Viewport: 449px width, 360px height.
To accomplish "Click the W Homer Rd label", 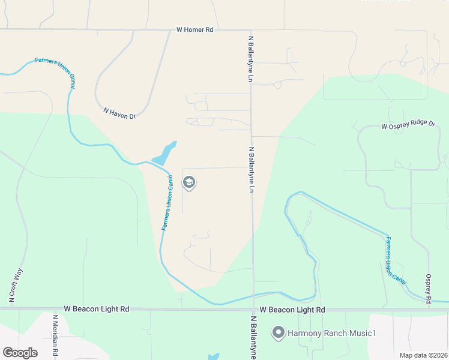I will point(194,29).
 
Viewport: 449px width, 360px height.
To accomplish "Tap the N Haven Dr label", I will point(119,113).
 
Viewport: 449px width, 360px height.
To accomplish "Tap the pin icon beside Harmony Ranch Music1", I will point(278,332).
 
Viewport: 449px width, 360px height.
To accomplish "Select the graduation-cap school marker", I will point(189,182).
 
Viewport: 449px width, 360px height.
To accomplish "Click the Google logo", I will point(20,352).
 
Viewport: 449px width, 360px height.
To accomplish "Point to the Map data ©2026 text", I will point(423,355).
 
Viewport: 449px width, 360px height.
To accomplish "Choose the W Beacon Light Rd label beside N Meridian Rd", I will point(97,308).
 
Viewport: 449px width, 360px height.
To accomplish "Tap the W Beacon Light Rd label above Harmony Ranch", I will point(292,310).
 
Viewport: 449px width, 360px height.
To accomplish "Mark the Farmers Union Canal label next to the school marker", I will point(167,202).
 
